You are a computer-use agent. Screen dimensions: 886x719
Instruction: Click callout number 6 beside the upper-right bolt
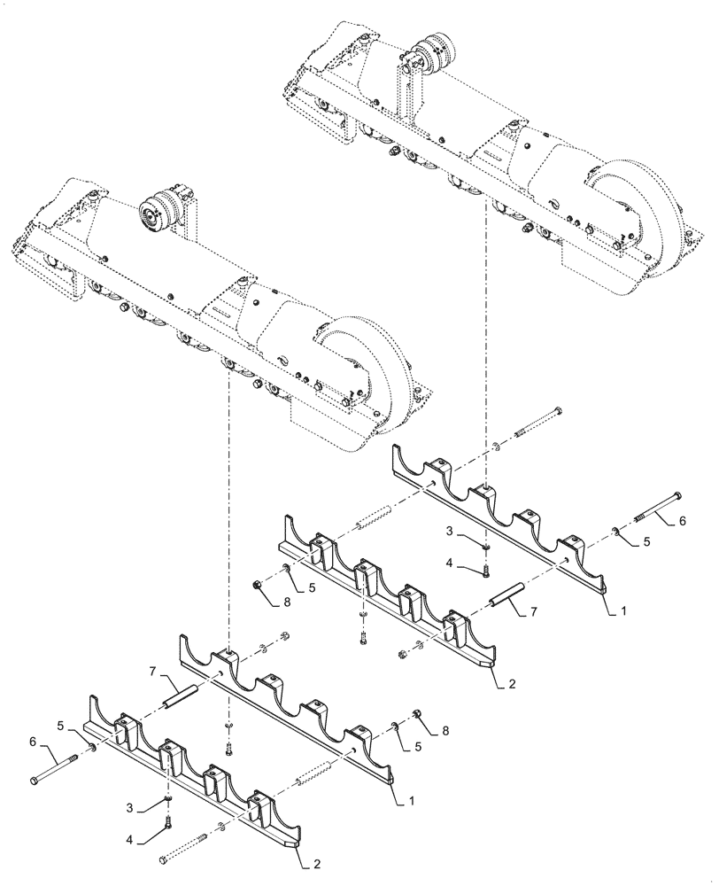[681, 523]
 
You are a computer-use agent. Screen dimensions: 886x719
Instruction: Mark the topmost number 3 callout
[449, 531]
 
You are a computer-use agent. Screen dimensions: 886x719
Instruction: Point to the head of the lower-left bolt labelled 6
[34, 779]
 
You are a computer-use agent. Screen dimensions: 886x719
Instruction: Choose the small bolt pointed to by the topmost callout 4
[486, 570]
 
